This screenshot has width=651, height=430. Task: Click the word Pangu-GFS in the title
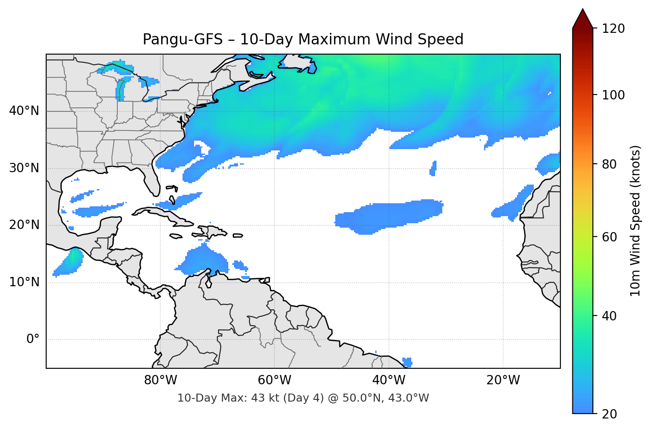183,39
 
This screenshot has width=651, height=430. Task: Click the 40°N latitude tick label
24,111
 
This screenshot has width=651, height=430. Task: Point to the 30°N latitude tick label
24,168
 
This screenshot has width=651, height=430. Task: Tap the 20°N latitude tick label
24,225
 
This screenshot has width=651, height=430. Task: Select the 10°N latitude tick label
24,282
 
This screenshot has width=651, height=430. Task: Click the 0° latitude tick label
33,339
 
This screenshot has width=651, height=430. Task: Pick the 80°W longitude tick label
160,380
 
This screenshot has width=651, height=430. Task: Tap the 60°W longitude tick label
274,380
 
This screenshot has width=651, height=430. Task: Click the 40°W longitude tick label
389,380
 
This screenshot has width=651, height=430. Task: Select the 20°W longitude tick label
503,380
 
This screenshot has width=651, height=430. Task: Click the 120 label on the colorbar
613,29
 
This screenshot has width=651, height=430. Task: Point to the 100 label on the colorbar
613,95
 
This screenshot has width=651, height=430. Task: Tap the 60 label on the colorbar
610,237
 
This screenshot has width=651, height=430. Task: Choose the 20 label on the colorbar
610,414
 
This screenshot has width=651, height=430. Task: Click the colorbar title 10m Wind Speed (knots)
635,221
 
